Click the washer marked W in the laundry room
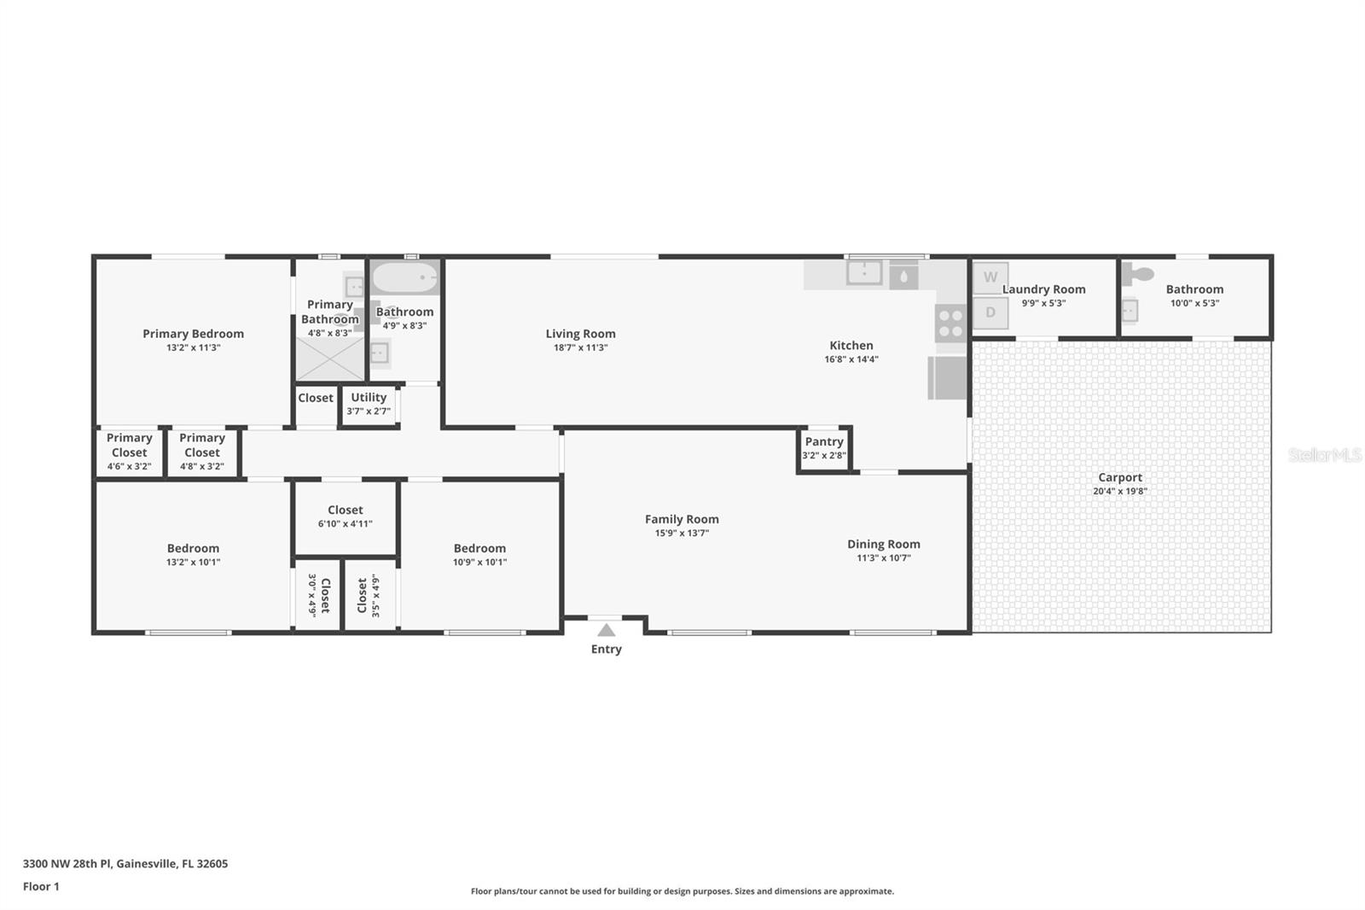(x=990, y=277)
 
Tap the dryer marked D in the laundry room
(x=990, y=313)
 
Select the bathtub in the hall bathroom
(x=405, y=277)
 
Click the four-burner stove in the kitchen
(x=950, y=324)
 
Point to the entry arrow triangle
(x=606, y=630)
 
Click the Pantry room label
(x=824, y=441)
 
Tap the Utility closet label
(x=369, y=398)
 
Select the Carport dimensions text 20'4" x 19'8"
(x=1120, y=491)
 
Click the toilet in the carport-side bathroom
(x=1137, y=275)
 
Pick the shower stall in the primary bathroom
(x=329, y=359)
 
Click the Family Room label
(x=682, y=519)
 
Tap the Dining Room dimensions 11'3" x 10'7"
(x=884, y=558)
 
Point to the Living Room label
(x=580, y=334)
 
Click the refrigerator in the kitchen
(x=947, y=378)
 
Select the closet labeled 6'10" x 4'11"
(x=346, y=518)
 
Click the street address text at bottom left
(x=125, y=864)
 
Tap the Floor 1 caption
(x=41, y=887)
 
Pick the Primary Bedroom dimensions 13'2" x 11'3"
(x=193, y=347)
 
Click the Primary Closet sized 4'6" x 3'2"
(x=129, y=452)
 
